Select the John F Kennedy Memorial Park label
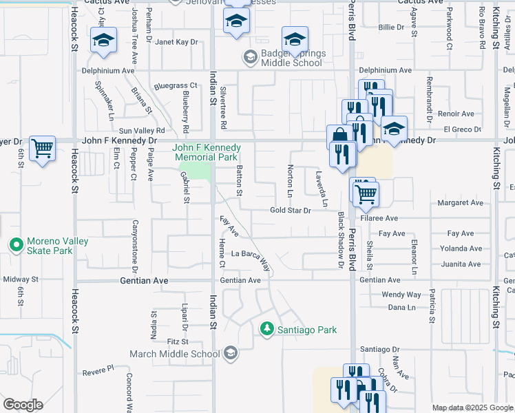click(x=207, y=152)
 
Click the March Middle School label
click(x=175, y=354)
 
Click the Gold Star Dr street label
click(x=291, y=211)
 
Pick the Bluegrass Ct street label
click(x=176, y=86)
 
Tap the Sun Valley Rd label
click(x=142, y=130)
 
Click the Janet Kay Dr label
click(x=176, y=42)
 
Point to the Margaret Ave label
click(x=461, y=203)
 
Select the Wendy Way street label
click(x=401, y=295)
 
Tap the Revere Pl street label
click(x=98, y=371)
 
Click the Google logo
click(x=23, y=405)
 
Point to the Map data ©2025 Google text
click(x=472, y=408)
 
